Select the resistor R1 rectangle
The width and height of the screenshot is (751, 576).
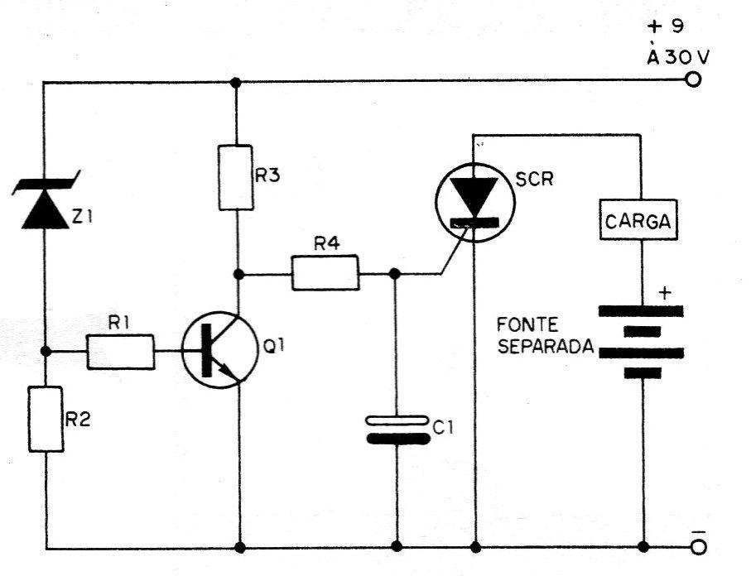[x=121, y=352]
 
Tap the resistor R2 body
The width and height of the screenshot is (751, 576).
[x=46, y=419]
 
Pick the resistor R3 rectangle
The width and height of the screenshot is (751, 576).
[x=236, y=178]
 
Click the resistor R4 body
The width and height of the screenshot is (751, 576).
[x=325, y=273]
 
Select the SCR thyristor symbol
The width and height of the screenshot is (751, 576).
[x=475, y=203]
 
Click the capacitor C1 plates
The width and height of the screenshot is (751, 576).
[x=397, y=430]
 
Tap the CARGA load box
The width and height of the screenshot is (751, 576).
[x=638, y=220]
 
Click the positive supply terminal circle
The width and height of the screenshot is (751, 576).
[x=693, y=79]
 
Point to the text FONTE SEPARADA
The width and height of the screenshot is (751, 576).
[x=545, y=336]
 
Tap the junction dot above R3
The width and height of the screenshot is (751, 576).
[x=235, y=83]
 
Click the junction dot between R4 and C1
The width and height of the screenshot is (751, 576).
[x=395, y=274]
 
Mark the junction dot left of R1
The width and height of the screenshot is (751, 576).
[x=46, y=352]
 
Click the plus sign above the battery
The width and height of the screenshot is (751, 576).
[x=665, y=292]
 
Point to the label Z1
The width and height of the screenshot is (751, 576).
[x=82, y=217]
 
